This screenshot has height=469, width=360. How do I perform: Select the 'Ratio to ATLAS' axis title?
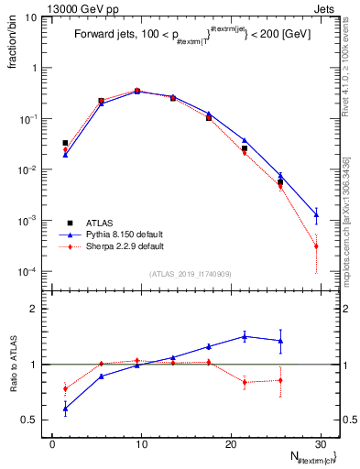coord(12,364)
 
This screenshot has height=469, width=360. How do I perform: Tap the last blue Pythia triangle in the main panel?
coord(316,215)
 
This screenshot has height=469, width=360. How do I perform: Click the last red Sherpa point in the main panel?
coord(316,246)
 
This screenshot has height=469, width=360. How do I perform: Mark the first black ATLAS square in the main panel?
coord(65,143)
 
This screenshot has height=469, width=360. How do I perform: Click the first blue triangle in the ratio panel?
coord(65,409)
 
